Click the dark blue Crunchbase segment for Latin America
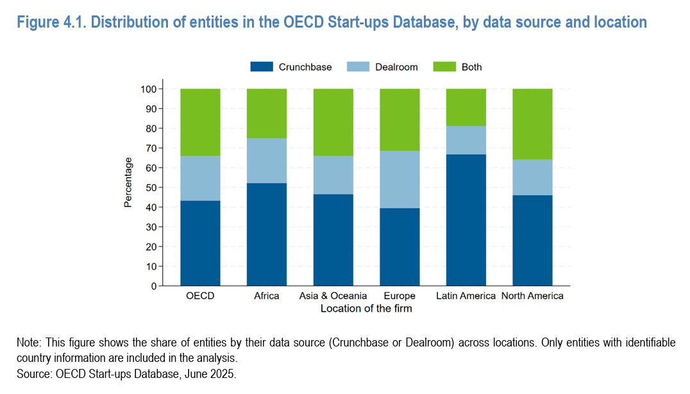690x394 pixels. coord(466,220)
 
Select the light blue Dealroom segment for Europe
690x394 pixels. coord(400,180)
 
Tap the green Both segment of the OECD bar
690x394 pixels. coord(200,122)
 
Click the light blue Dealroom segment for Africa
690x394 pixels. coord(267,160)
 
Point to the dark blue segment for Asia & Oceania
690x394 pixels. coord(333,240)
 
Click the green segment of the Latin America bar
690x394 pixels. coord(466,107)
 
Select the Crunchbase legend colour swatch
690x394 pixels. coord(262,67)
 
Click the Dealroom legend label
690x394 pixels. coord(396,67)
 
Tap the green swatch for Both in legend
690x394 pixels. coord(444,67)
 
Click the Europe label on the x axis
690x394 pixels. coord(399,296)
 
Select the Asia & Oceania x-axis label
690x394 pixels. coord(333,296)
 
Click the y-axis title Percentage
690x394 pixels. coord(128,182)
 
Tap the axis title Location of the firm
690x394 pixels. coord(366,309)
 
